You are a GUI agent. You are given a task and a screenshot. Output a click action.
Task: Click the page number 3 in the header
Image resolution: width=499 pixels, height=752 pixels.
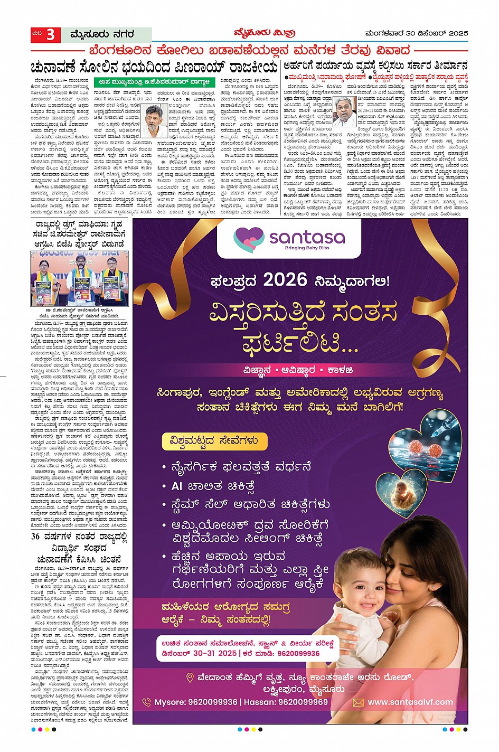click(x=50, y=35)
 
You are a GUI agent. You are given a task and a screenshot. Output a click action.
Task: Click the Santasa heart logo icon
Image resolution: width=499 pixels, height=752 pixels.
click(x=248, y=239)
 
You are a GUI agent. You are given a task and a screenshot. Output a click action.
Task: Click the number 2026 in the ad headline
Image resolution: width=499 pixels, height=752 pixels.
click(x=285, y=279)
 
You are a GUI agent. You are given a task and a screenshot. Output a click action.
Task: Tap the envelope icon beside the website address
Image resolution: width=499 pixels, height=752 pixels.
click(x=358, y=702)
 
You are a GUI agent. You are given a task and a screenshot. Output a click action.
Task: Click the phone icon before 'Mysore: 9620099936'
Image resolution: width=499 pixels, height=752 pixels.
click(x=147, y=702)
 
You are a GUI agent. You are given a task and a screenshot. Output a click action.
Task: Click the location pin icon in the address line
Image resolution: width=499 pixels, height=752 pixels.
click(x=190, y=678)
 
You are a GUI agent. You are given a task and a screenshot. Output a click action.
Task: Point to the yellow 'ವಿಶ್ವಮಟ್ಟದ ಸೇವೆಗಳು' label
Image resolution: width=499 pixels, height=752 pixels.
click(x=214, y=441)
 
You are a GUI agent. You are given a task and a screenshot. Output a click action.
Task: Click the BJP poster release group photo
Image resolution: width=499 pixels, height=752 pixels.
click(x=80, y=278)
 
